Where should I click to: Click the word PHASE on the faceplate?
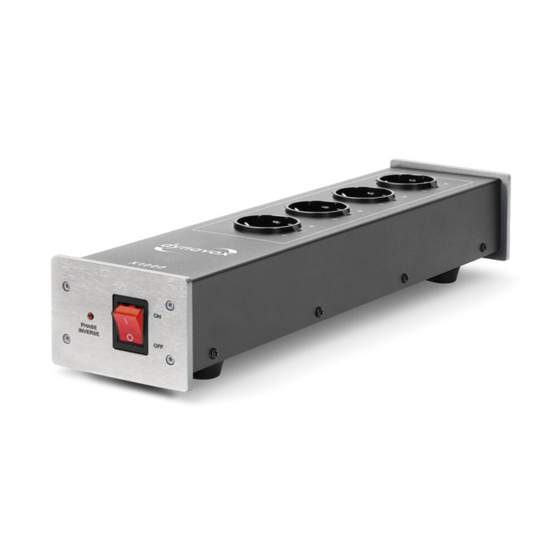tap(89, 327)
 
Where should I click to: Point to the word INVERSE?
tap(89, 333)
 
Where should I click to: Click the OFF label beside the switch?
tap(159, 345)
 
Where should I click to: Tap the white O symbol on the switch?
tap(130, 336)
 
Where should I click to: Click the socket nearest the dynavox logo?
tap(267, 223)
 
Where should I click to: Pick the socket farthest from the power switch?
tap(406, 180)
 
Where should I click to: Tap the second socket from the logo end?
tap(319, 208)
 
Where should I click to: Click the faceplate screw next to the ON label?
tap(170, 305)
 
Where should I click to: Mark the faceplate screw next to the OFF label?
tap(170, 360)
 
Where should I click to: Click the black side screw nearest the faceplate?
tap(213, 353)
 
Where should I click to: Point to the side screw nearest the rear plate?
tap(483, 247)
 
